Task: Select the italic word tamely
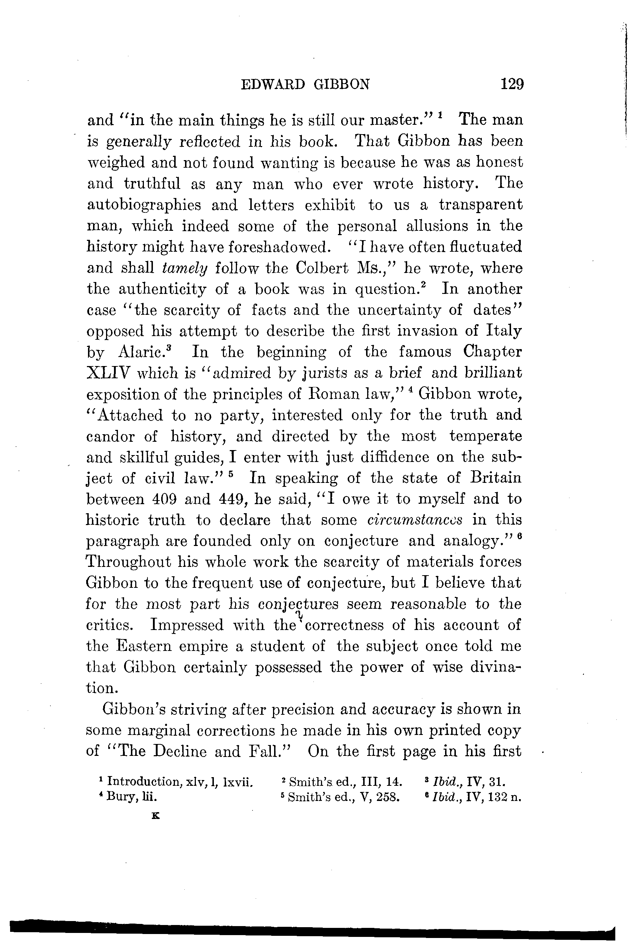click(185, 268)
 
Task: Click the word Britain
click(496, 477)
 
